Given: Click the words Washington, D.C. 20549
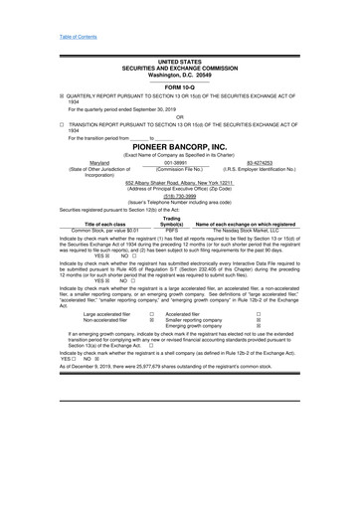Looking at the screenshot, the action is pyautogui.click(x=179, y=75).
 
